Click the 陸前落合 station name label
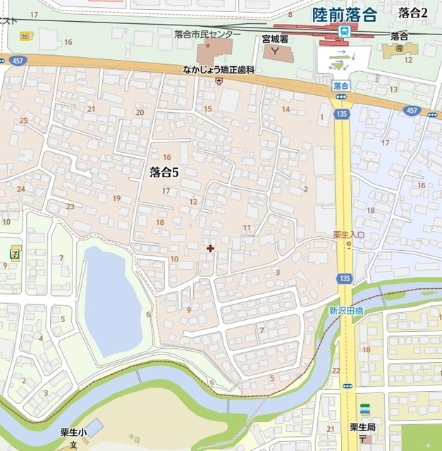[345, 14]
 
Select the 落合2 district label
[413, 12]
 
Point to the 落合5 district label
[167, 171]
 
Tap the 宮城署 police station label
[276, 39]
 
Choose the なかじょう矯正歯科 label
[219, 70]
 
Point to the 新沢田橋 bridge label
[345, 311]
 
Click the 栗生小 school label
[73, 432]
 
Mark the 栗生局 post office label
[364, 427]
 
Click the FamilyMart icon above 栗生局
[364, 409]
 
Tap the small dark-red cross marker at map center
[210, 248]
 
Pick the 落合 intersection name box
[341, 85]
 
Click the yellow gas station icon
[25, 35]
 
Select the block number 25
[24, 121]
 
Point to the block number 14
[286, 109]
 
